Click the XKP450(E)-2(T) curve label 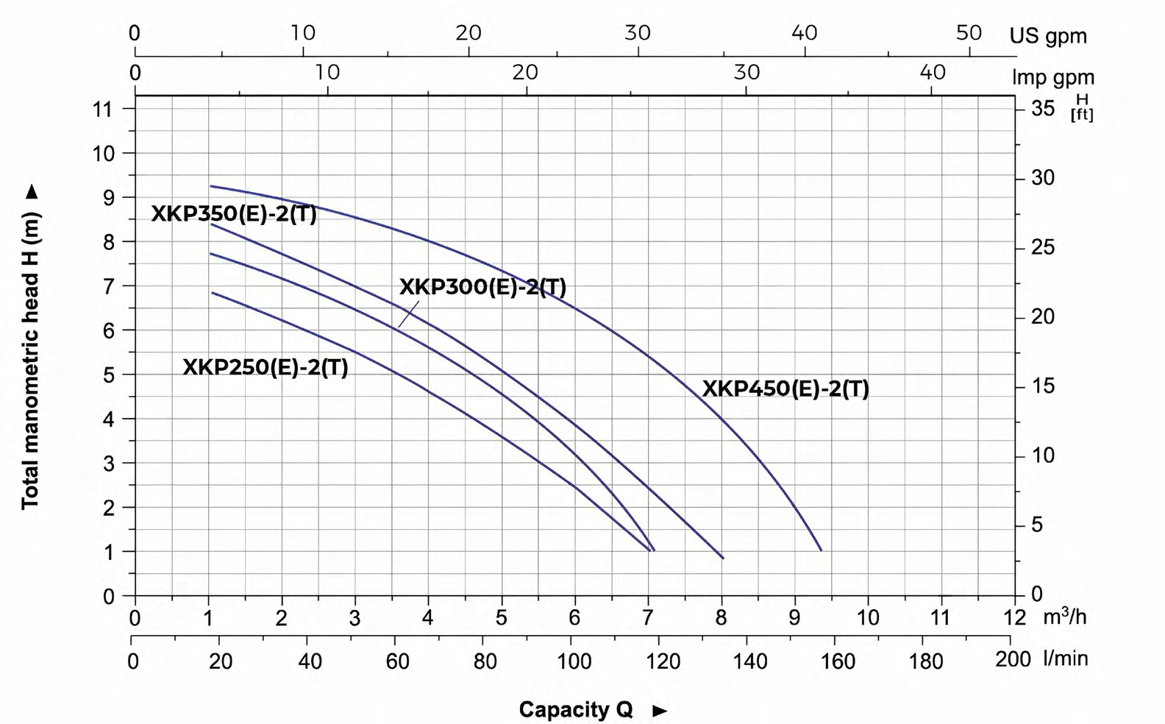tap(785, 388)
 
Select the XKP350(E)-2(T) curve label tap(234, 214)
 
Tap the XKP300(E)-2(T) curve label tap(482, 286)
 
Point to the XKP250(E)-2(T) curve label tap(266, 366)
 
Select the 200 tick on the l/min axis tap(1013, 659)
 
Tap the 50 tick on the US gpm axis tap(969, 33)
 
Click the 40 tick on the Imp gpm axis tap(933, 72)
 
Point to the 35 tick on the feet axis tap(1043, 109)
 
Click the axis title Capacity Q tap(575, 709)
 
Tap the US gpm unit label tap(1047, 35)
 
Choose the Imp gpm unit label tap(1053, 77)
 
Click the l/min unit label tap(1064, 658)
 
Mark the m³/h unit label tap(1064, 615)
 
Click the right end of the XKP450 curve tap(821, 550)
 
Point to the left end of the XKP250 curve tap(212, 293)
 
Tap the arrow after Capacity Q tap(660, 711)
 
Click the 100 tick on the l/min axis tap(574, 661)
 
